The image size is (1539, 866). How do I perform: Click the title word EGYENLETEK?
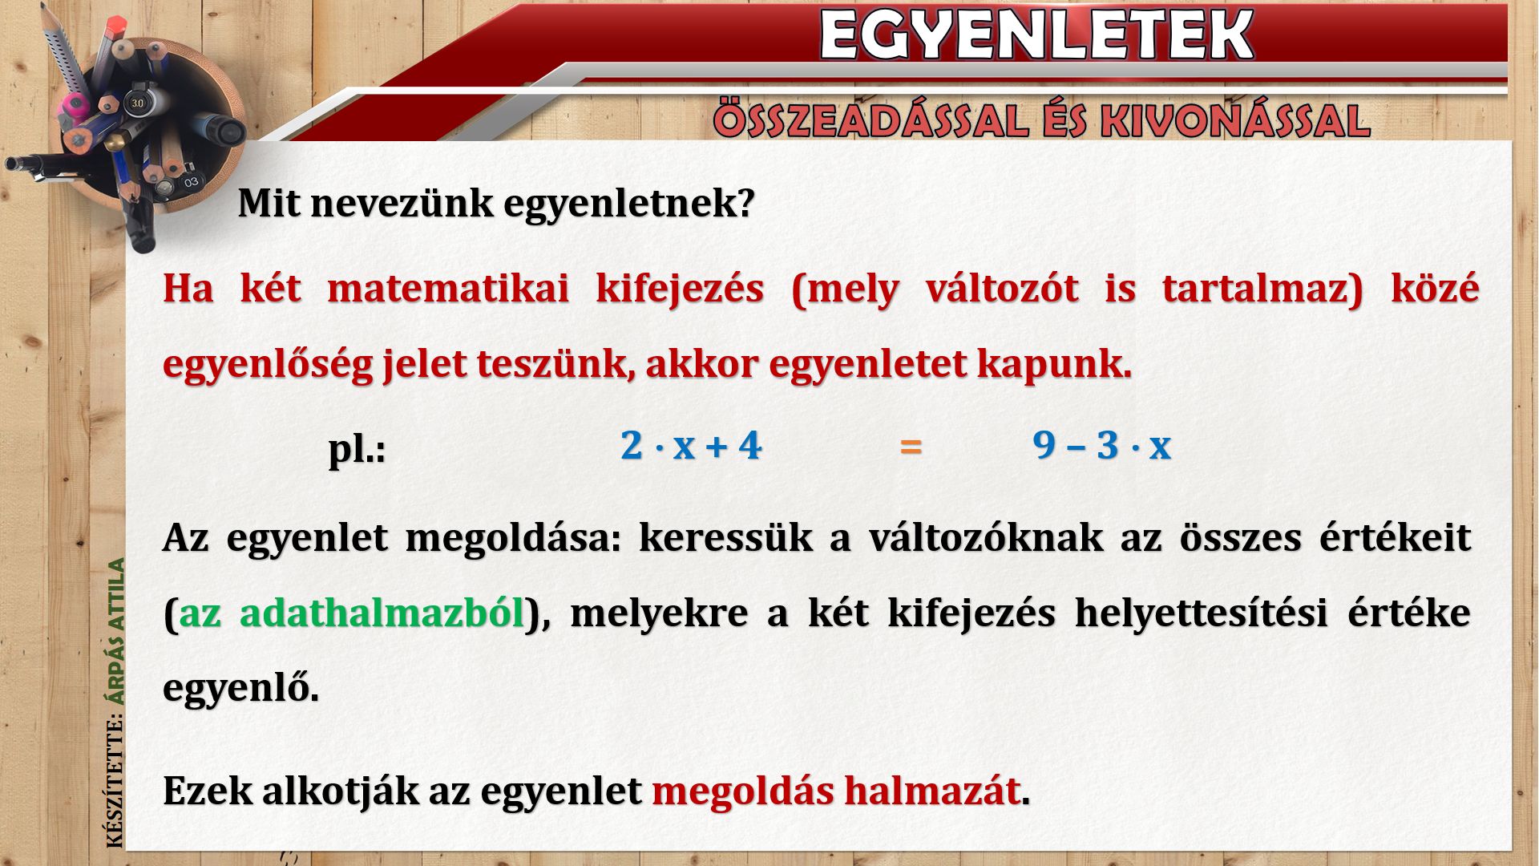tap(1036, 34)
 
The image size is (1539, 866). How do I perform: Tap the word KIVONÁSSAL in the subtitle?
tap(1235, 121)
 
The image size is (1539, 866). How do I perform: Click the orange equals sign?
tap(911, 446)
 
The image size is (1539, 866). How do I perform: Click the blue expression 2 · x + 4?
tap(691, 445)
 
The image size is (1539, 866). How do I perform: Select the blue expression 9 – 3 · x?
tap(1102, 445)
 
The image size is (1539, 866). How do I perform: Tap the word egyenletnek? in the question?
tap(629, 204)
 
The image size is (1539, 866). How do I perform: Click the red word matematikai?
tap(448, 288)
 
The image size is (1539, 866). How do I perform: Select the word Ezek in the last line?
tap(208, 791)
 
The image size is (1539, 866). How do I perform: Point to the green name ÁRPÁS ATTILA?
tap(117, 632)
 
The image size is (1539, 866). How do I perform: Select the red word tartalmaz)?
tap(1262, 289)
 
